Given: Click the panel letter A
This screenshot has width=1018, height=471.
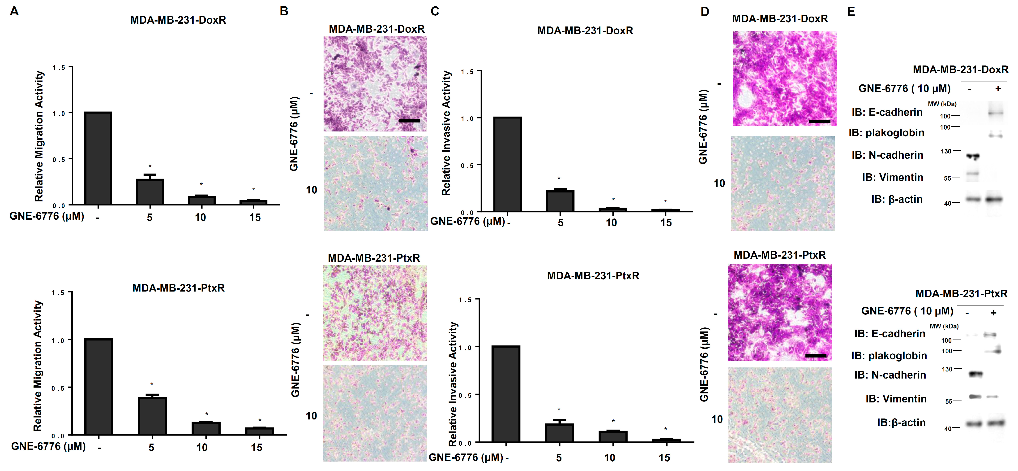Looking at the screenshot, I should [x=14, y=11].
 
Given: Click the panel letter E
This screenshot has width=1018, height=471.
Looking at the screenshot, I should [x=851, y=12].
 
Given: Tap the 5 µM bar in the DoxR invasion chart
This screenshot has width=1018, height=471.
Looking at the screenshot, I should [x=560, y=201].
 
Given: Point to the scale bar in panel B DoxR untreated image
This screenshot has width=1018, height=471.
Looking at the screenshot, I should [x=409, y=121].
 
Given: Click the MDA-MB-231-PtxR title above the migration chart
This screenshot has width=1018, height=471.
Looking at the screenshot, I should [x=178, y=288].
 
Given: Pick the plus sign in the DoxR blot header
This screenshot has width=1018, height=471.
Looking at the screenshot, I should [x=998, y=89].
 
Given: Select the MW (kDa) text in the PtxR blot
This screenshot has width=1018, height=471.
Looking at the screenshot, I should [x=944, y=326].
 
